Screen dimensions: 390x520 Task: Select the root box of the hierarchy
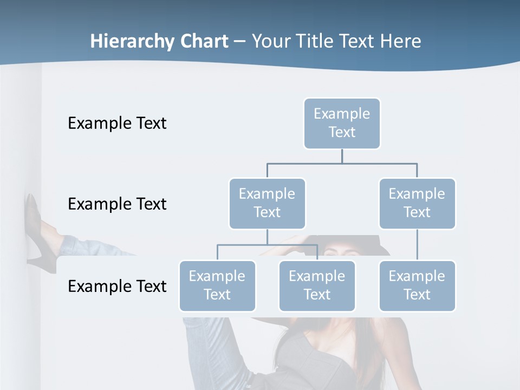tap(342, 123)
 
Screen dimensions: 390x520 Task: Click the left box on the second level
tap(267, 204)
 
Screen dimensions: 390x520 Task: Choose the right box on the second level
tap(417, 204)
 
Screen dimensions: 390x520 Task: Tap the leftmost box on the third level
tap(217, 286)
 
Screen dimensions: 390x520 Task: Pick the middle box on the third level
tap(317, 286)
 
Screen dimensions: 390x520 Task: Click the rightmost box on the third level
tap(417, 286)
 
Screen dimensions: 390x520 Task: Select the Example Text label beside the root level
tap(117, 123)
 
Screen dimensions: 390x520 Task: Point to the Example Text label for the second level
tap(117, 204)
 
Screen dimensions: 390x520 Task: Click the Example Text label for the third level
tap(117, 287)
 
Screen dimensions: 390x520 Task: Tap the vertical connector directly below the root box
tap(342, 156)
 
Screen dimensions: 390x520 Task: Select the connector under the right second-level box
tap(417, 245)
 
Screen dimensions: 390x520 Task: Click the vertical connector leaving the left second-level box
tap(267, 237)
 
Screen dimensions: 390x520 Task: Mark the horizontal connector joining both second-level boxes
tap(342, 163)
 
